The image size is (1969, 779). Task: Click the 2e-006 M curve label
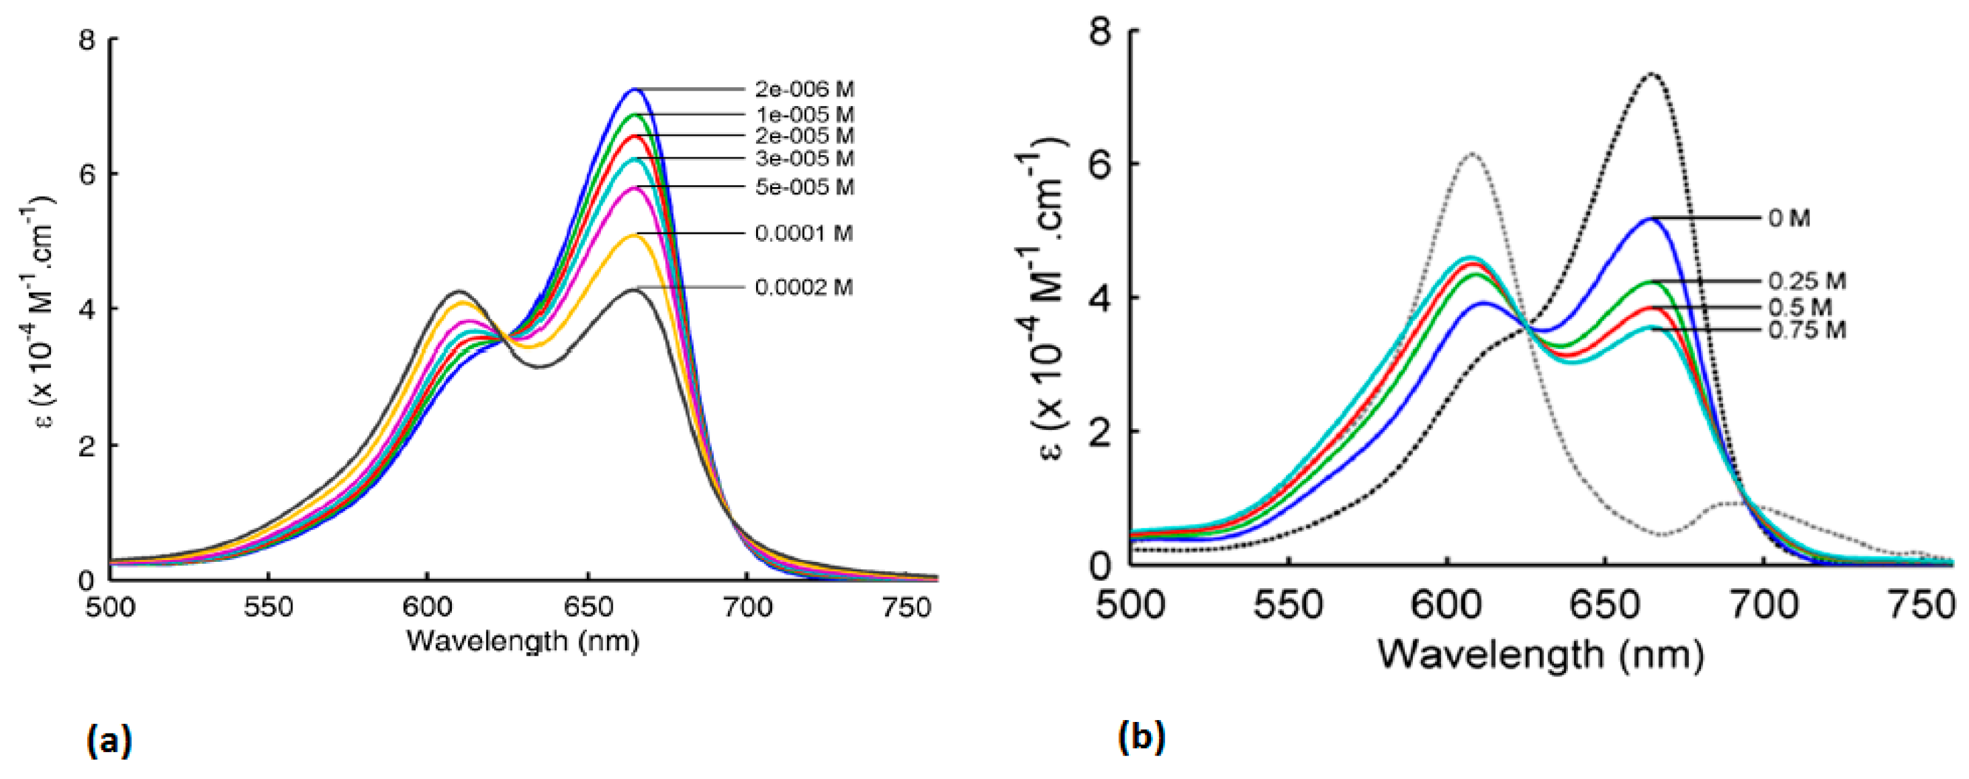coord(804,90)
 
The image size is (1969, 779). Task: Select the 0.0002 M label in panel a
coord(803,288)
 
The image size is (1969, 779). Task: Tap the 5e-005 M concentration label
coord(804,187)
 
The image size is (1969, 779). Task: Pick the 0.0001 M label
coord(803,233)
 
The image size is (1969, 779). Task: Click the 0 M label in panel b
coord(1789,218)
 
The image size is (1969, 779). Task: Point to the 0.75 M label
coord(1806,330)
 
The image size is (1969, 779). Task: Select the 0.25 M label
coord(1806,282)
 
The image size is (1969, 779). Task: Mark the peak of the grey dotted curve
coord(1470,155)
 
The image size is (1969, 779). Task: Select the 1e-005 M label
coord(804,115)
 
